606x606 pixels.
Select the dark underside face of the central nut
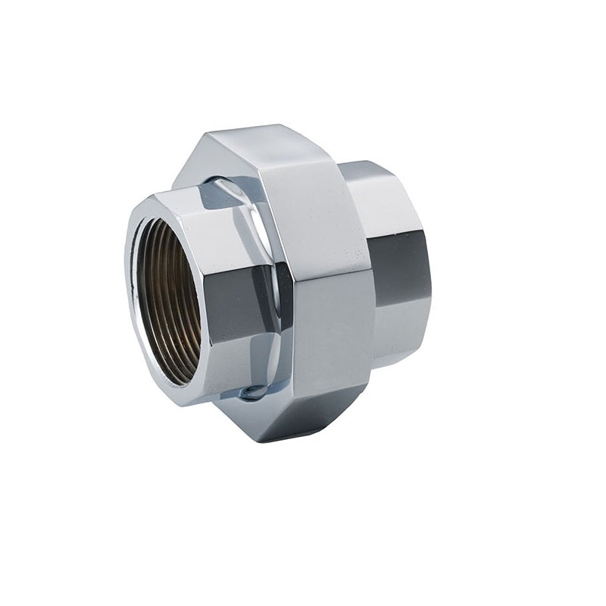303,417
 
